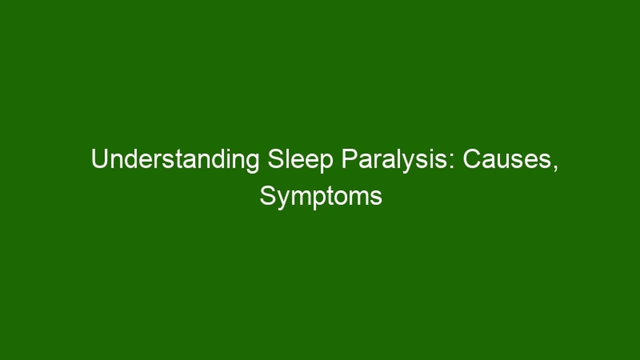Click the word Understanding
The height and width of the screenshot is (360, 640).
point(175,160)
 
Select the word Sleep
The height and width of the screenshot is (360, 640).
point(300,160)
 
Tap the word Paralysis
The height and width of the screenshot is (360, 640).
point(394,160)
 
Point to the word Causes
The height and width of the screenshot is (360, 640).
point(507,159)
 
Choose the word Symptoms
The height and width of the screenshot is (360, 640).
point(321,197)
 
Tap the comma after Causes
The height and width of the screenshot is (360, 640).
point(555,168)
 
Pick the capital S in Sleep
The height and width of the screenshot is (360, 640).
point(275,159)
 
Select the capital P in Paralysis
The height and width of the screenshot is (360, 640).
point(349,159)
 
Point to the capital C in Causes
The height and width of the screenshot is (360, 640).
point(472,159)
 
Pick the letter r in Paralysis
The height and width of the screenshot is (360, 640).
point(377,161)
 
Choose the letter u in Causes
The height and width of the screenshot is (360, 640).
point(504,162)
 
